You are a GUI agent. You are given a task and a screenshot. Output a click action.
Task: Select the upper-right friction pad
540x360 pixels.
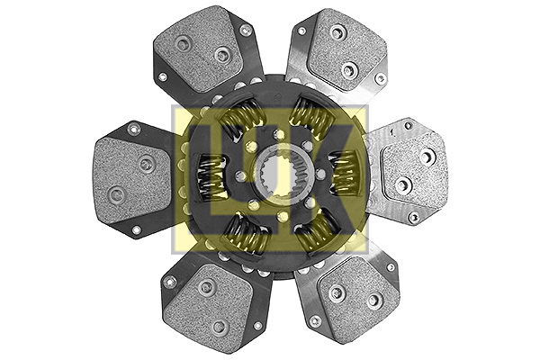[346, 49]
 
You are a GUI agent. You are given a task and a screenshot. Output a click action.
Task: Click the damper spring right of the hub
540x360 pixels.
[345, 173]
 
